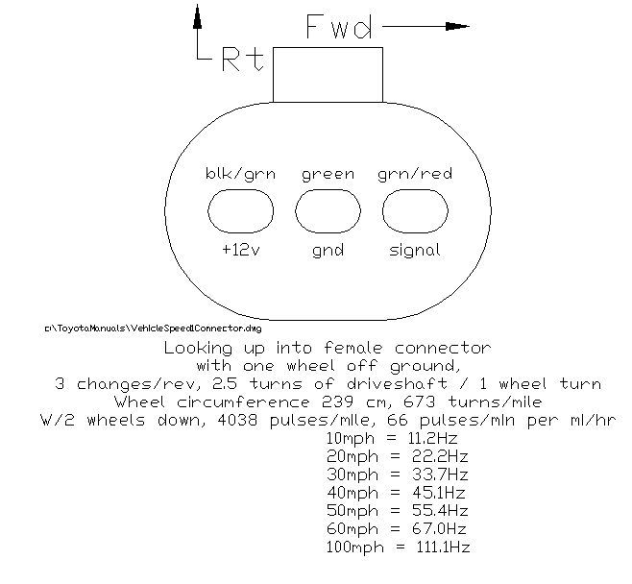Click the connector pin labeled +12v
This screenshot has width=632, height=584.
click(239, 211)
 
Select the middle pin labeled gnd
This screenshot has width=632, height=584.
click(327, 211)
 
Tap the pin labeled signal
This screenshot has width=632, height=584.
click(415, 211)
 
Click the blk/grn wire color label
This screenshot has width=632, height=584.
click(239, 175)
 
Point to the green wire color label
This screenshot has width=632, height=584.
click(328, 175)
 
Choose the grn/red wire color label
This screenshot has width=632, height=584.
click(415, 175)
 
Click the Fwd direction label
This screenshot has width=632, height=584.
click(338, 28)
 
